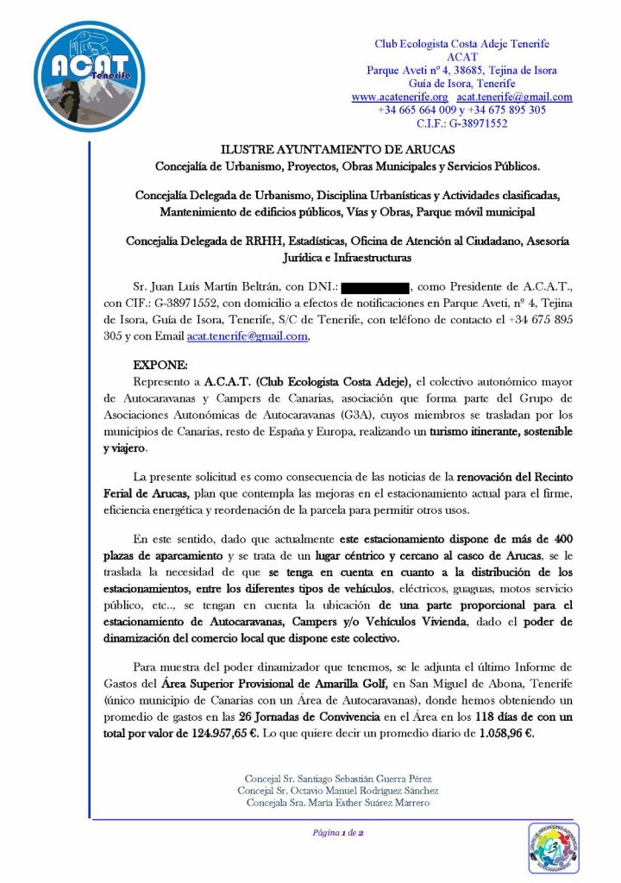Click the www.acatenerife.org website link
tap(399, 97)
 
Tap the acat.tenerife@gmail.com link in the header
tap(515, 97)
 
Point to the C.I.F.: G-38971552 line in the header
tap(461, 123)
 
